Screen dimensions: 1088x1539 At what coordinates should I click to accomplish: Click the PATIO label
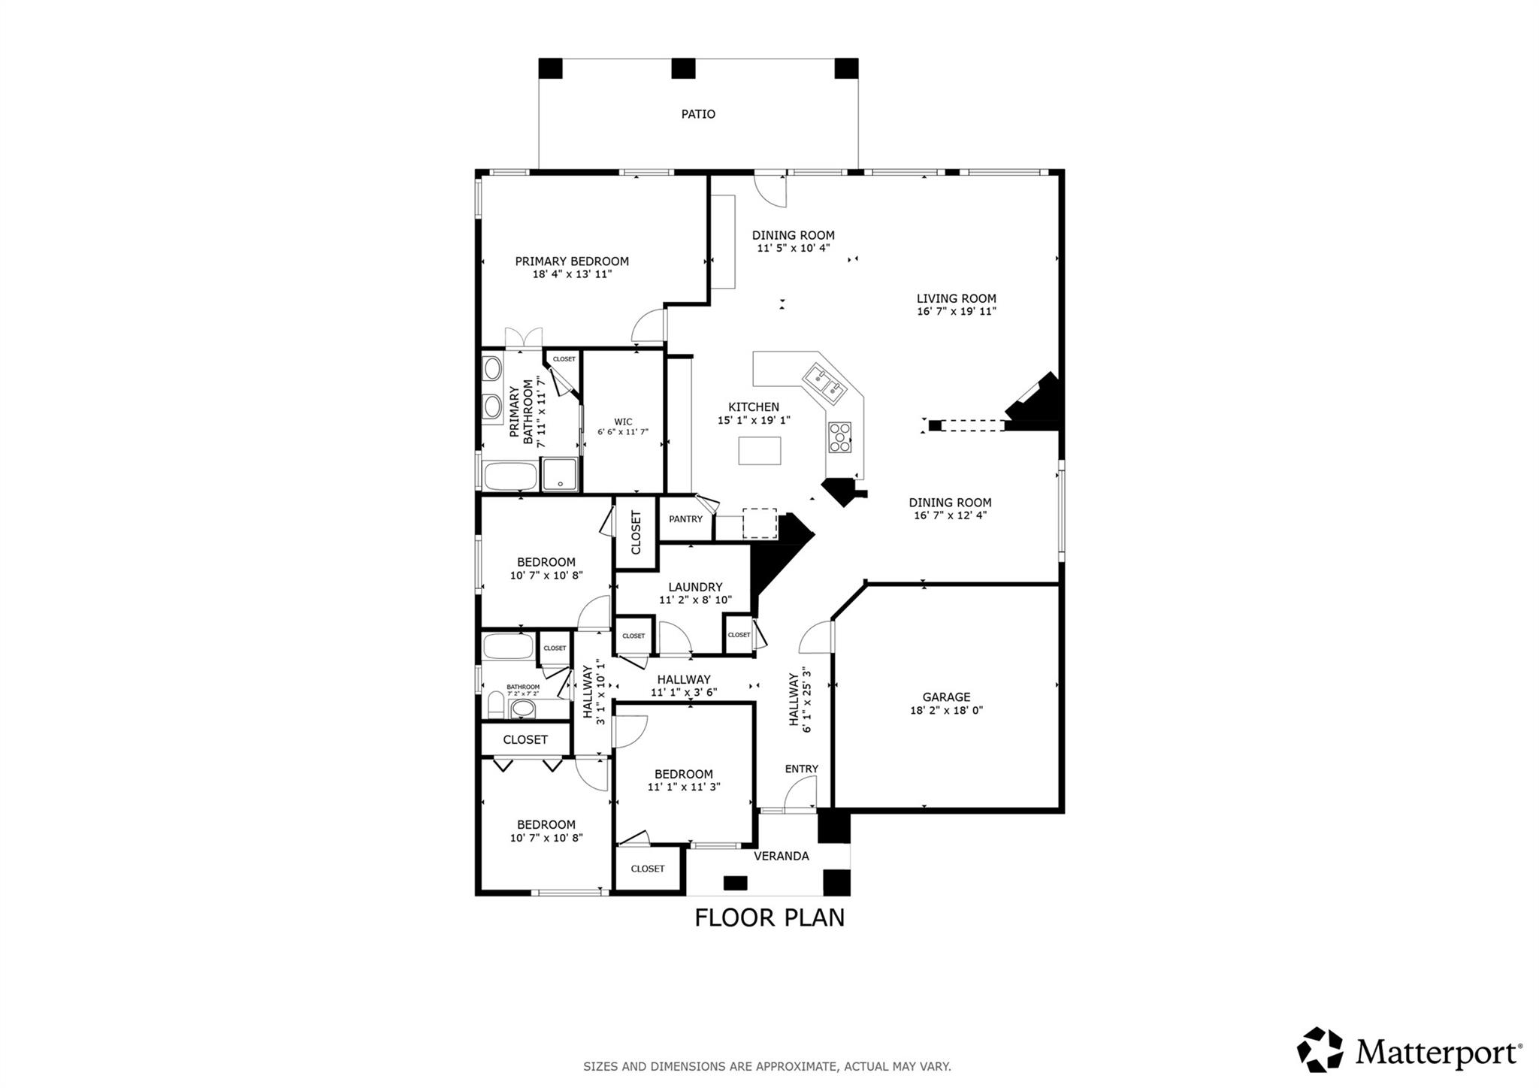[x=698, y=114]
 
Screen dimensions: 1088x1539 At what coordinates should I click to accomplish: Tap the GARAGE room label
[x=946, y=697]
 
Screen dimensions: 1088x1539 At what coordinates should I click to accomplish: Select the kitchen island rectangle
[x=759, y=451]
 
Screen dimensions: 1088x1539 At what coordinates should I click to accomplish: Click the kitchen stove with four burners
[x=840, y=437]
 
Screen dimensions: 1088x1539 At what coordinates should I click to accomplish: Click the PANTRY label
[x=685, y=519]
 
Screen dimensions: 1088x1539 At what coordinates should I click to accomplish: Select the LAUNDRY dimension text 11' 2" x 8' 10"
[x=695, y=600]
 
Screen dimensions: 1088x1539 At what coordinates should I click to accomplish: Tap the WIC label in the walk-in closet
[x=623, y=422]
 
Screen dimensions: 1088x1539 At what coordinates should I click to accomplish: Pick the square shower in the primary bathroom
[x=560, y=474]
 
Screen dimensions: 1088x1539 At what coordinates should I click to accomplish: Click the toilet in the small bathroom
[x=495, y=706]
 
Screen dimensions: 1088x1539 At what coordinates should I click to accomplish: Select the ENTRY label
[x=801, y=769]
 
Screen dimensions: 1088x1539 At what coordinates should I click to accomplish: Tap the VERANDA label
[x=781, y=856]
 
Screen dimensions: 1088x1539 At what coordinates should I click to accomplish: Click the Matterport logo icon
[x=1320, y=1050]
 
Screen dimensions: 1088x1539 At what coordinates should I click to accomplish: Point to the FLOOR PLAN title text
[x=769, y=917]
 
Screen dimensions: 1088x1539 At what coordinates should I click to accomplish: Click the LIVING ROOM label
[x=956, y=298]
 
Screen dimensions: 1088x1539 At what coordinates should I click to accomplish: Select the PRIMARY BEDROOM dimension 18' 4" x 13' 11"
[x=572, y=274]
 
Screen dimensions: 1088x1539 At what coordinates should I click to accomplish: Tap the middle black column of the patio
[x=683, y=68]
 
